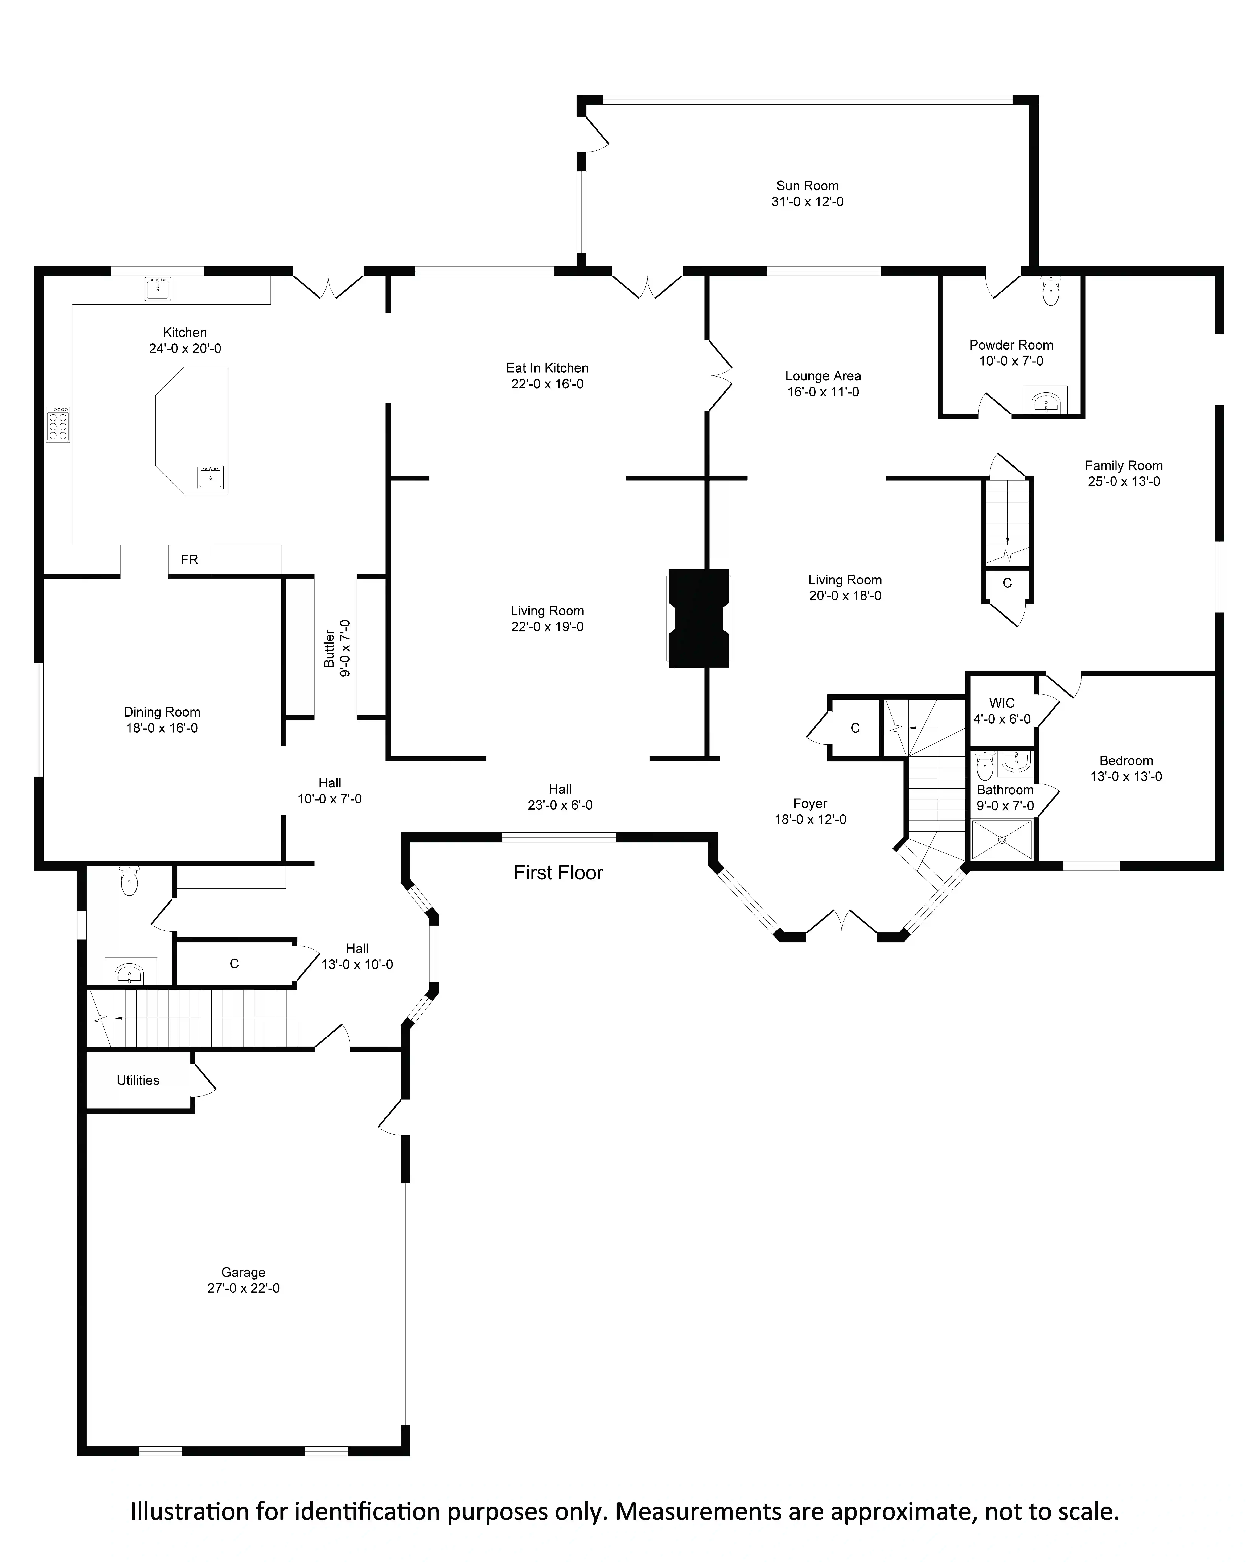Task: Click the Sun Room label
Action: click(807, 186)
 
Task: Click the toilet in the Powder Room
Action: click(1050, 291)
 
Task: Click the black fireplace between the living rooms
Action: click(698, 618)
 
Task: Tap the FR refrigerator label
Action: click(190, 559)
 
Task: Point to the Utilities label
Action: click(138, 1080)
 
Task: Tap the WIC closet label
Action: click(1002, 703)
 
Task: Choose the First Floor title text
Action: click(558, 872)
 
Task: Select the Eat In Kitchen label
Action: click(547, 368)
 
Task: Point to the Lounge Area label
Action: click(823, 376)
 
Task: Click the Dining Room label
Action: click(162, 712)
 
